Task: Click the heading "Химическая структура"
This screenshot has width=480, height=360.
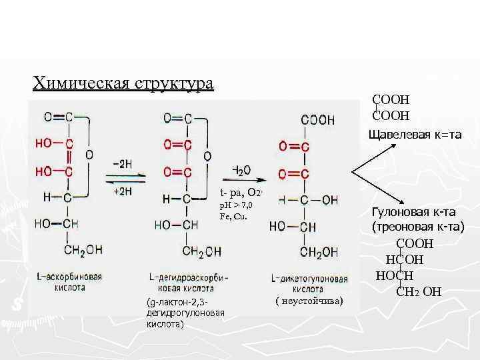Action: coord(123,84)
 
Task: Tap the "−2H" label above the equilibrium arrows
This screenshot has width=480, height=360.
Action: coord(121,163)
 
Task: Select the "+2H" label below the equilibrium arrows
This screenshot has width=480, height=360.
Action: coord(123,191)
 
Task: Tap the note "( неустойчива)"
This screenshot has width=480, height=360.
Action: coord(309,302)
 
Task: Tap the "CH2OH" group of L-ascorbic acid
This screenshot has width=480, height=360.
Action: coord(83,250)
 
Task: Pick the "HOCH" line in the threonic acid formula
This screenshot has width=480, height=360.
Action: coord(395,275)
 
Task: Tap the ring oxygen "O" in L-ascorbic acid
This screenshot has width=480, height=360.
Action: coord(89,153)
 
